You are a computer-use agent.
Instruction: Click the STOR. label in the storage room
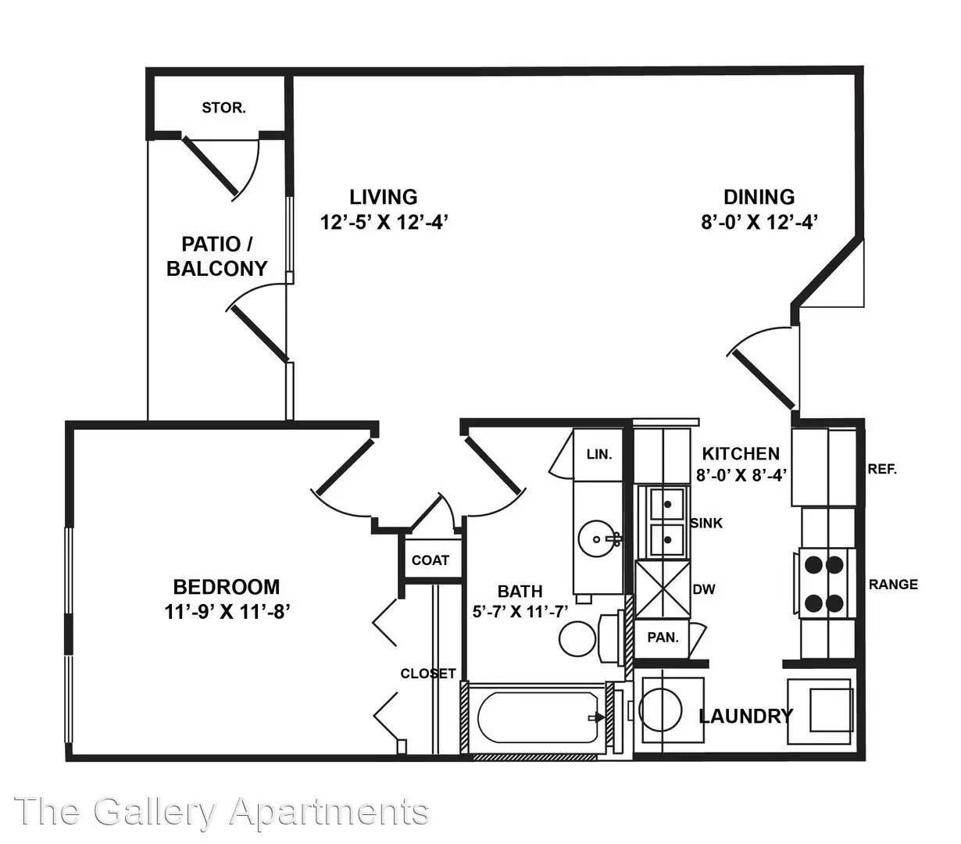click(224, 108)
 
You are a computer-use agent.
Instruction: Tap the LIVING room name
click(384, 197)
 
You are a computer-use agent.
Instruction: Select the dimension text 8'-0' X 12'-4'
click(759, 222)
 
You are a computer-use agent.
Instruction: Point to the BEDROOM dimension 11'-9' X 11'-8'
click(227, 612)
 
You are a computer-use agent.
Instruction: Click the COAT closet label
click(430, 560)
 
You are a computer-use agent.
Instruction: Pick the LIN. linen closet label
click(599, 455)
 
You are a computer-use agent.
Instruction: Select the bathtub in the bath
click(538, 718)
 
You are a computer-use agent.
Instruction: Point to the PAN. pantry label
click(663, 637)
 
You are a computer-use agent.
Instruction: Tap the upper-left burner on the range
click(814, 564)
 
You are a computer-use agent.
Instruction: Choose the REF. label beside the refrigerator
click(882, 469)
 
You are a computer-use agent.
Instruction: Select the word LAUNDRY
click(746, 716)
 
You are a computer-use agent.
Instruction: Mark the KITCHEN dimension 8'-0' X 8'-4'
click(741, 475)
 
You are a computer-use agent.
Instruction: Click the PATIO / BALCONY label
click(217, 256)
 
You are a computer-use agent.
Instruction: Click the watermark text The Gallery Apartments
click(222, 812)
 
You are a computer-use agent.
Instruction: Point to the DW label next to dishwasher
click(704, 590)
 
